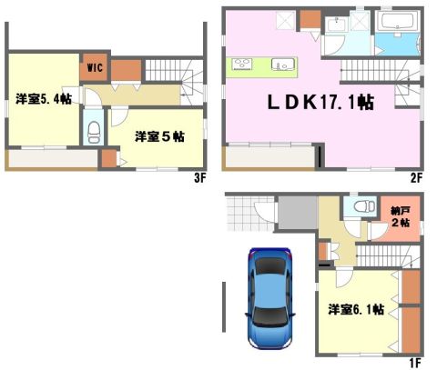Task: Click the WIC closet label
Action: click(x=95, y=67)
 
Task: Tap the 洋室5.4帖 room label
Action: click(x=44, y=99)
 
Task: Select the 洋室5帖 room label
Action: click(x=159, y=136)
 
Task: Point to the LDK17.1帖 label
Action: click(x=320, y=103)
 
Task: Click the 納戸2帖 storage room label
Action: click(x=401, y=216)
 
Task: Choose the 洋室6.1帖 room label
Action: click(x=356, y=310)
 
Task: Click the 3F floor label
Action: click(x=200, y=178)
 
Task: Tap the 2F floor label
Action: click(x=416, y=178)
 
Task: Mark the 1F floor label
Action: click(x=415, y=363)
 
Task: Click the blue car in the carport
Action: click(x=269, y=298)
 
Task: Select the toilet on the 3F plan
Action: click(x=94, y=132)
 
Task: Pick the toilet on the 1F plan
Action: click(x=364, y=206)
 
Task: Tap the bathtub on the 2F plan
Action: click(x=397, y=22)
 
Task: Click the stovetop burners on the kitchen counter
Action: click(x=242, y=65)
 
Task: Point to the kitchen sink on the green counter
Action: click(x=283, y=65)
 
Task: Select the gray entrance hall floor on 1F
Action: click(x=298, y=213)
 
